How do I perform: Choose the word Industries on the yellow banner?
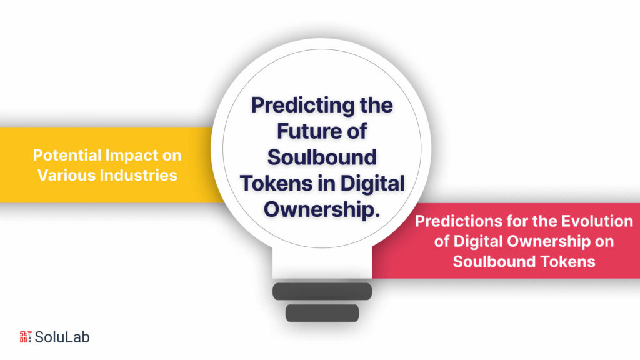click(138, 174)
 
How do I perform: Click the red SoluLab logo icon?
click(25, 337)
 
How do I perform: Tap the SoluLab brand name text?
click(62, 337)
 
